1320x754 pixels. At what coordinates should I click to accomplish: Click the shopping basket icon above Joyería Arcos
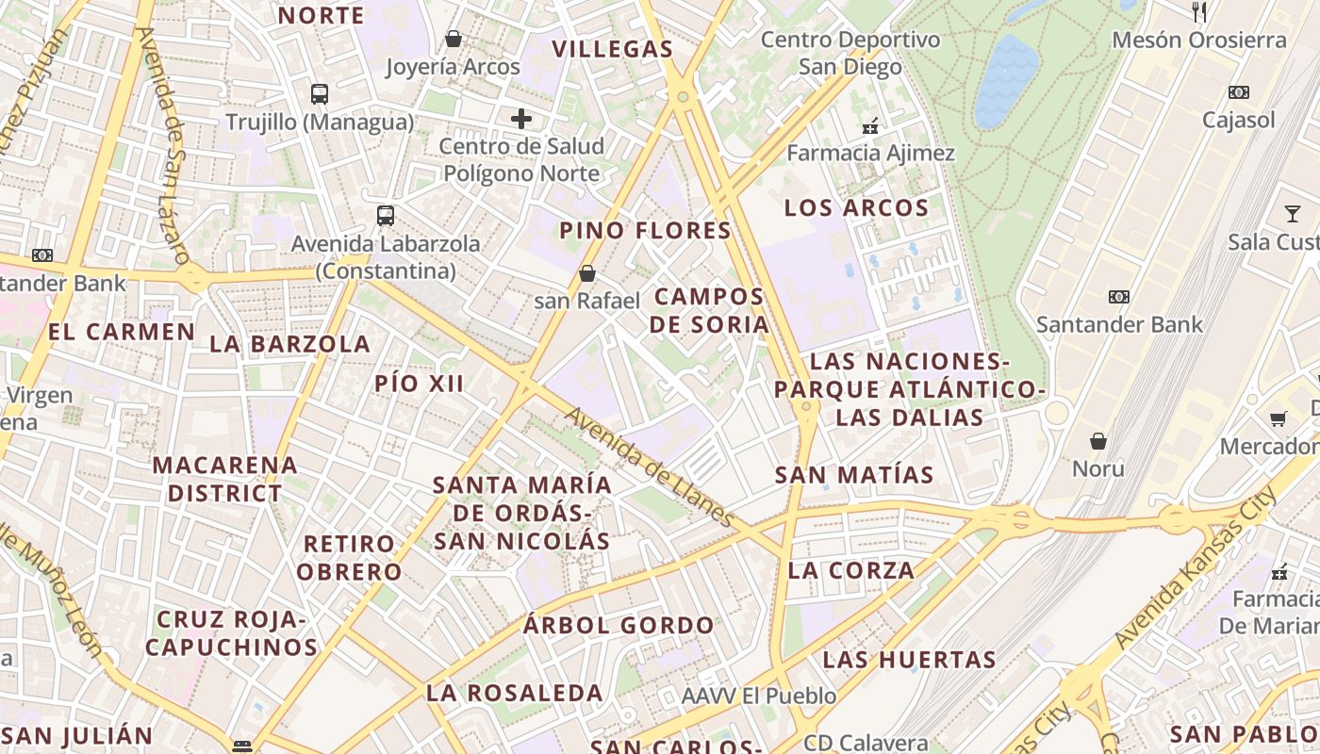(454, 39)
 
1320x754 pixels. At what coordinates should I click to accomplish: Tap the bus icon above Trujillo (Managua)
(320, 94)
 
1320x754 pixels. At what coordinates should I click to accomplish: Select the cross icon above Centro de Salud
(521, 119)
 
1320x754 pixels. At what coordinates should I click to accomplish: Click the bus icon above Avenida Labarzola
(386, 215)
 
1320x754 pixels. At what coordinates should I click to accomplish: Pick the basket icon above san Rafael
(587, 273)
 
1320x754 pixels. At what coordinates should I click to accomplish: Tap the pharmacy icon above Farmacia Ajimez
(870, 125)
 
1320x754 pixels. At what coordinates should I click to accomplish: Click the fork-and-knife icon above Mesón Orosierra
(1199, 12)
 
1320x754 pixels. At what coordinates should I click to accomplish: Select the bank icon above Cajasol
(1239, 92)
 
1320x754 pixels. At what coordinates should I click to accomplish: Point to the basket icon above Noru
(1098, 441)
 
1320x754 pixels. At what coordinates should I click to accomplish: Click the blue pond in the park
(1006, 80)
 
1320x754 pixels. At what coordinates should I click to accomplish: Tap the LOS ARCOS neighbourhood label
(856, 208)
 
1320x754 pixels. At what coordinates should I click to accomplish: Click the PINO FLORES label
(645, 231)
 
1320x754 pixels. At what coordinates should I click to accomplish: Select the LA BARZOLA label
(289, 344)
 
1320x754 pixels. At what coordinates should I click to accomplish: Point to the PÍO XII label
(419, 384)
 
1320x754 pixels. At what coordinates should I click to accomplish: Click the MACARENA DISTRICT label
(224, 479)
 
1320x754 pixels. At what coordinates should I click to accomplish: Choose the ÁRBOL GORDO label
(619, 626)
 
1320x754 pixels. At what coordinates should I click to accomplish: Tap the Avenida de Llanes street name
(650, 467)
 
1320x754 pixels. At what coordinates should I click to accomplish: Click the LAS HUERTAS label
(909, 660)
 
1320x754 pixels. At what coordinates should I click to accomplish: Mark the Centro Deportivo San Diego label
(850, 53)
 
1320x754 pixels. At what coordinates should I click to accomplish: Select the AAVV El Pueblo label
(759, 697)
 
